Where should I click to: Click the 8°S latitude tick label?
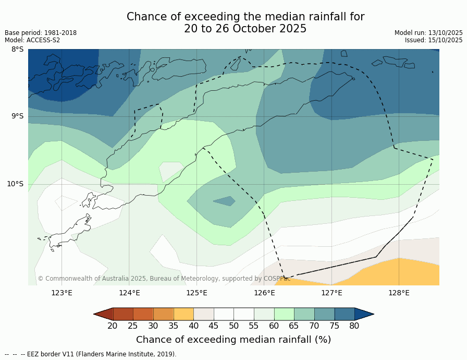(17, 50)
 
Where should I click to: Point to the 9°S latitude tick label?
(17, 116)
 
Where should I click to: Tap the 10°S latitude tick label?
(15, 184)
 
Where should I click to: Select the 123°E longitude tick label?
(62, 293)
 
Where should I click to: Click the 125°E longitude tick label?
(196, 293)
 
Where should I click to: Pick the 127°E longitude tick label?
(331, 293)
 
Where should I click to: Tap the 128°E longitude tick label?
(399, 293)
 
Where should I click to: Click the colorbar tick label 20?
(113, 326)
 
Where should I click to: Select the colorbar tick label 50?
(233, 326)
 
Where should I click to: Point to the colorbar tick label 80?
(354, 326)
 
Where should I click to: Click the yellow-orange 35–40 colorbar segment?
(183, 314)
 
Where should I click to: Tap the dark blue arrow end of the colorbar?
(364, 314)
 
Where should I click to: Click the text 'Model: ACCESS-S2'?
(32, 40)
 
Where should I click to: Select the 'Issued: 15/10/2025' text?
(434, 40)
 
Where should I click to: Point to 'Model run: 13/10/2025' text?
(428, 33)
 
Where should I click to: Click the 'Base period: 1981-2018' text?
(41, 33)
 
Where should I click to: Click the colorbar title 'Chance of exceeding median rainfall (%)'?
(233, 340)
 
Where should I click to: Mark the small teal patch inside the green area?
(225, 201)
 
